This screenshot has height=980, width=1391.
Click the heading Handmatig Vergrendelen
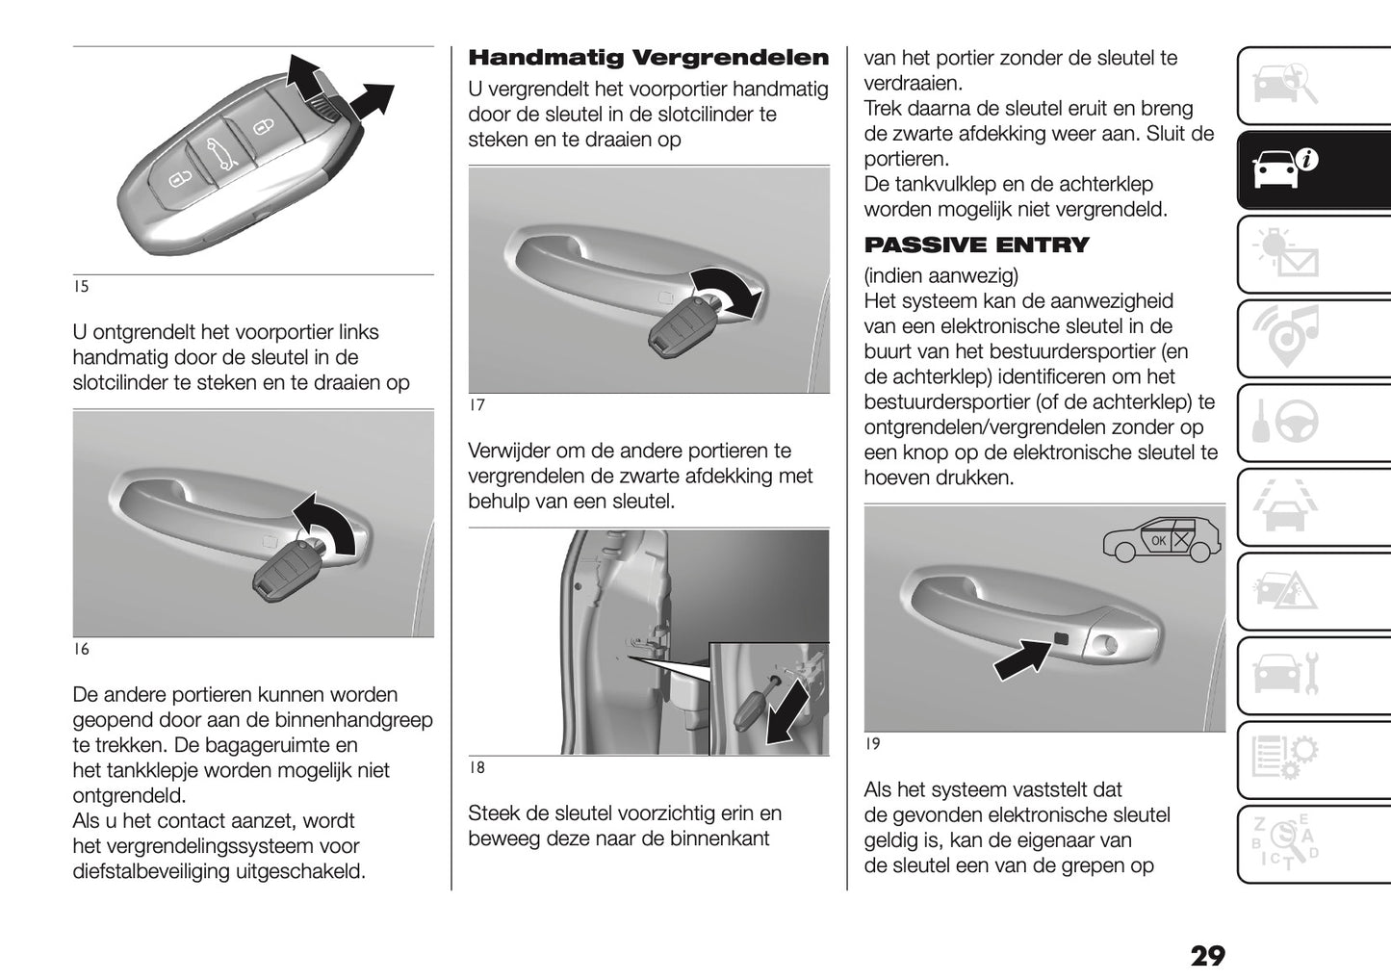648,58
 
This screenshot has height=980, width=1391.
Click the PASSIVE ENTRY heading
976,245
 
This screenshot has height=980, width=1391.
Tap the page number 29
1207,956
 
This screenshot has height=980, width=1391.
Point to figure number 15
80,287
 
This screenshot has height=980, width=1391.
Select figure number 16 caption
81,650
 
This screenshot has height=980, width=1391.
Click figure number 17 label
477,405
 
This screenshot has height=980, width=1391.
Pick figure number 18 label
477,768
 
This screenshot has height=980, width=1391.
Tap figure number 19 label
872,744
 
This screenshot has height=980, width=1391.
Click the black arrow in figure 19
1021,660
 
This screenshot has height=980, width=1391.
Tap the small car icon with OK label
1162,541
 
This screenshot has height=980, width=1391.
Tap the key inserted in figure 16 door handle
287,569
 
